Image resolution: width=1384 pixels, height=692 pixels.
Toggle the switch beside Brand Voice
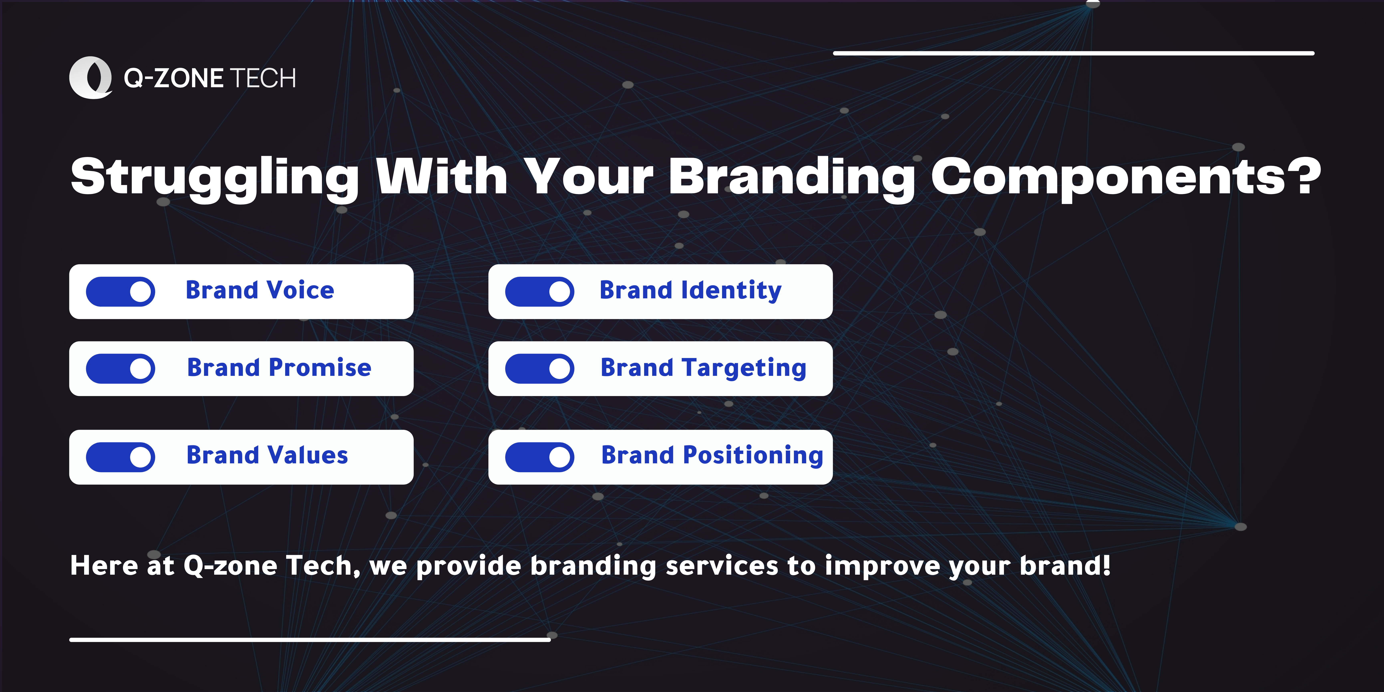(120, 292)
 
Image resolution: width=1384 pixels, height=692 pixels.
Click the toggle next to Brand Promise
(120, 369)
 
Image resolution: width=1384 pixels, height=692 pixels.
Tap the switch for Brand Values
(120, 457)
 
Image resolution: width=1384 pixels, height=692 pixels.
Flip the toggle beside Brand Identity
(539, 292)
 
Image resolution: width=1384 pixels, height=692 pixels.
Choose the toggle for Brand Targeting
(539, 369)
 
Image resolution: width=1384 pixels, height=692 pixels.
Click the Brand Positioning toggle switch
(539, 457)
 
